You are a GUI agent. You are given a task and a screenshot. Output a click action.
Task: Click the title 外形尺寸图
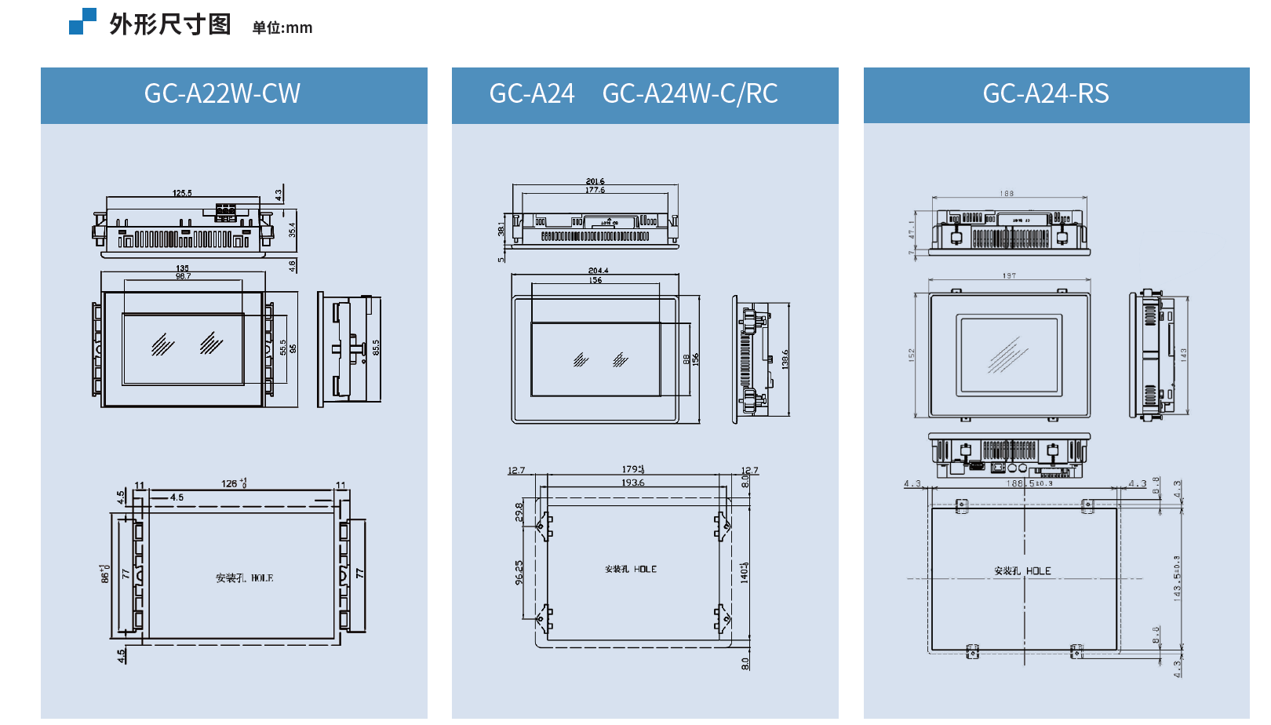coord(170,24)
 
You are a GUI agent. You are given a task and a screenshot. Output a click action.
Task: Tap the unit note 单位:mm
coord(282,28)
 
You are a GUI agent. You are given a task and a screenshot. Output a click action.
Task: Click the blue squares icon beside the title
coord(82,21)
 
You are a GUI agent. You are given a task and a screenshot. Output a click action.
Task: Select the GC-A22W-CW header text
coord(222,94)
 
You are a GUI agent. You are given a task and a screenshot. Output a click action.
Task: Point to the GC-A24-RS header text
coord(1045,94)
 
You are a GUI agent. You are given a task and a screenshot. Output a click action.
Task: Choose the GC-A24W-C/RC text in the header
coord(690,94)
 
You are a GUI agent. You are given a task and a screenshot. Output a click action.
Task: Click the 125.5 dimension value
coord(182,193)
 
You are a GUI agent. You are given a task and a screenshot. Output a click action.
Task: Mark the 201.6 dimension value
coord(595,181)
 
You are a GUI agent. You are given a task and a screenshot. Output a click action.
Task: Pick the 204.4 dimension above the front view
coord(598,271)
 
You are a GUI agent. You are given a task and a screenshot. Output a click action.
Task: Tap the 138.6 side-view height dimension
coord(785,359)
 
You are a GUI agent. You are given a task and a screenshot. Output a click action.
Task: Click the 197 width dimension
coord(1009,276)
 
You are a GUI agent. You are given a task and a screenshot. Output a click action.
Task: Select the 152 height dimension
coord(912,355)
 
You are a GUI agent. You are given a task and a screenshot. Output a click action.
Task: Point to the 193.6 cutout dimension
coord(633,483)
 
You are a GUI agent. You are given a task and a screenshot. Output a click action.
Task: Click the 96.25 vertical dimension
coord(519,572)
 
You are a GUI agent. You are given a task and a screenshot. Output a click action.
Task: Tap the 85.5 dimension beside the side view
coord(376,348)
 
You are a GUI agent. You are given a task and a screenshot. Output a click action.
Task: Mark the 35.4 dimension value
coord(292,230)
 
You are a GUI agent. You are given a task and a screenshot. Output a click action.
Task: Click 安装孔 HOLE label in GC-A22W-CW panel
coord(245,578)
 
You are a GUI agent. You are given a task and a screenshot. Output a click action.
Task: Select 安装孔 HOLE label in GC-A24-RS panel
coord(1022,571)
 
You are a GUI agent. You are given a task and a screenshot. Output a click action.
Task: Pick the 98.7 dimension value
coord(183,276)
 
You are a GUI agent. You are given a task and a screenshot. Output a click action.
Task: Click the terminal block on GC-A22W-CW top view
coord(226,212)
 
